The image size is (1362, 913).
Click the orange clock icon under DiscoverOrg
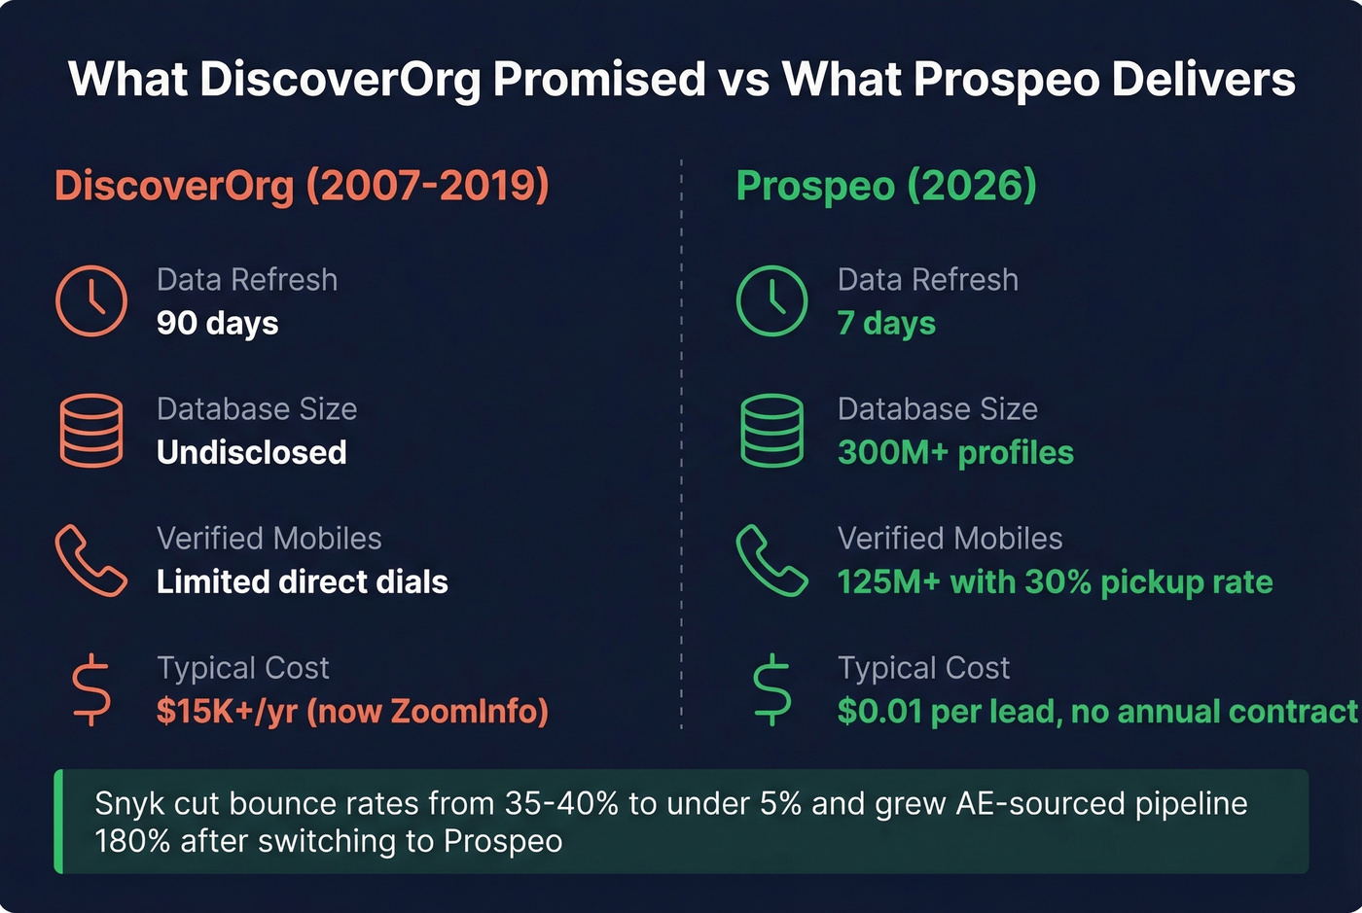91,301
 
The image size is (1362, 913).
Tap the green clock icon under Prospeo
771,301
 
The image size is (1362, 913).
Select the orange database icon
91,431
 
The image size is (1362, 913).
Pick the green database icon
771,431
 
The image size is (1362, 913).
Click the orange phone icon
91,560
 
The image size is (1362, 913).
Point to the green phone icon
771,560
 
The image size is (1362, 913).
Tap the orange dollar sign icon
91,689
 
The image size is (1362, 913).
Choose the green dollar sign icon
771,689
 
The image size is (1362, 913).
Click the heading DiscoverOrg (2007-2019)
302,185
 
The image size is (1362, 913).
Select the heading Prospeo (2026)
886,185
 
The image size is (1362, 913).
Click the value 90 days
218,323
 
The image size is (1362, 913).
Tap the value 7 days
886,323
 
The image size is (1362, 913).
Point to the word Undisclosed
252,452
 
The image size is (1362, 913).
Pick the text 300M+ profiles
955,452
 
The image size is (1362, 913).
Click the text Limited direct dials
303,581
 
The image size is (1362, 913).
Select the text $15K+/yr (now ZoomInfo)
352,711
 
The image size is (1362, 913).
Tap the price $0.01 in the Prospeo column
879,711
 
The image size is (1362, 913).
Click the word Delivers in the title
1202,79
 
